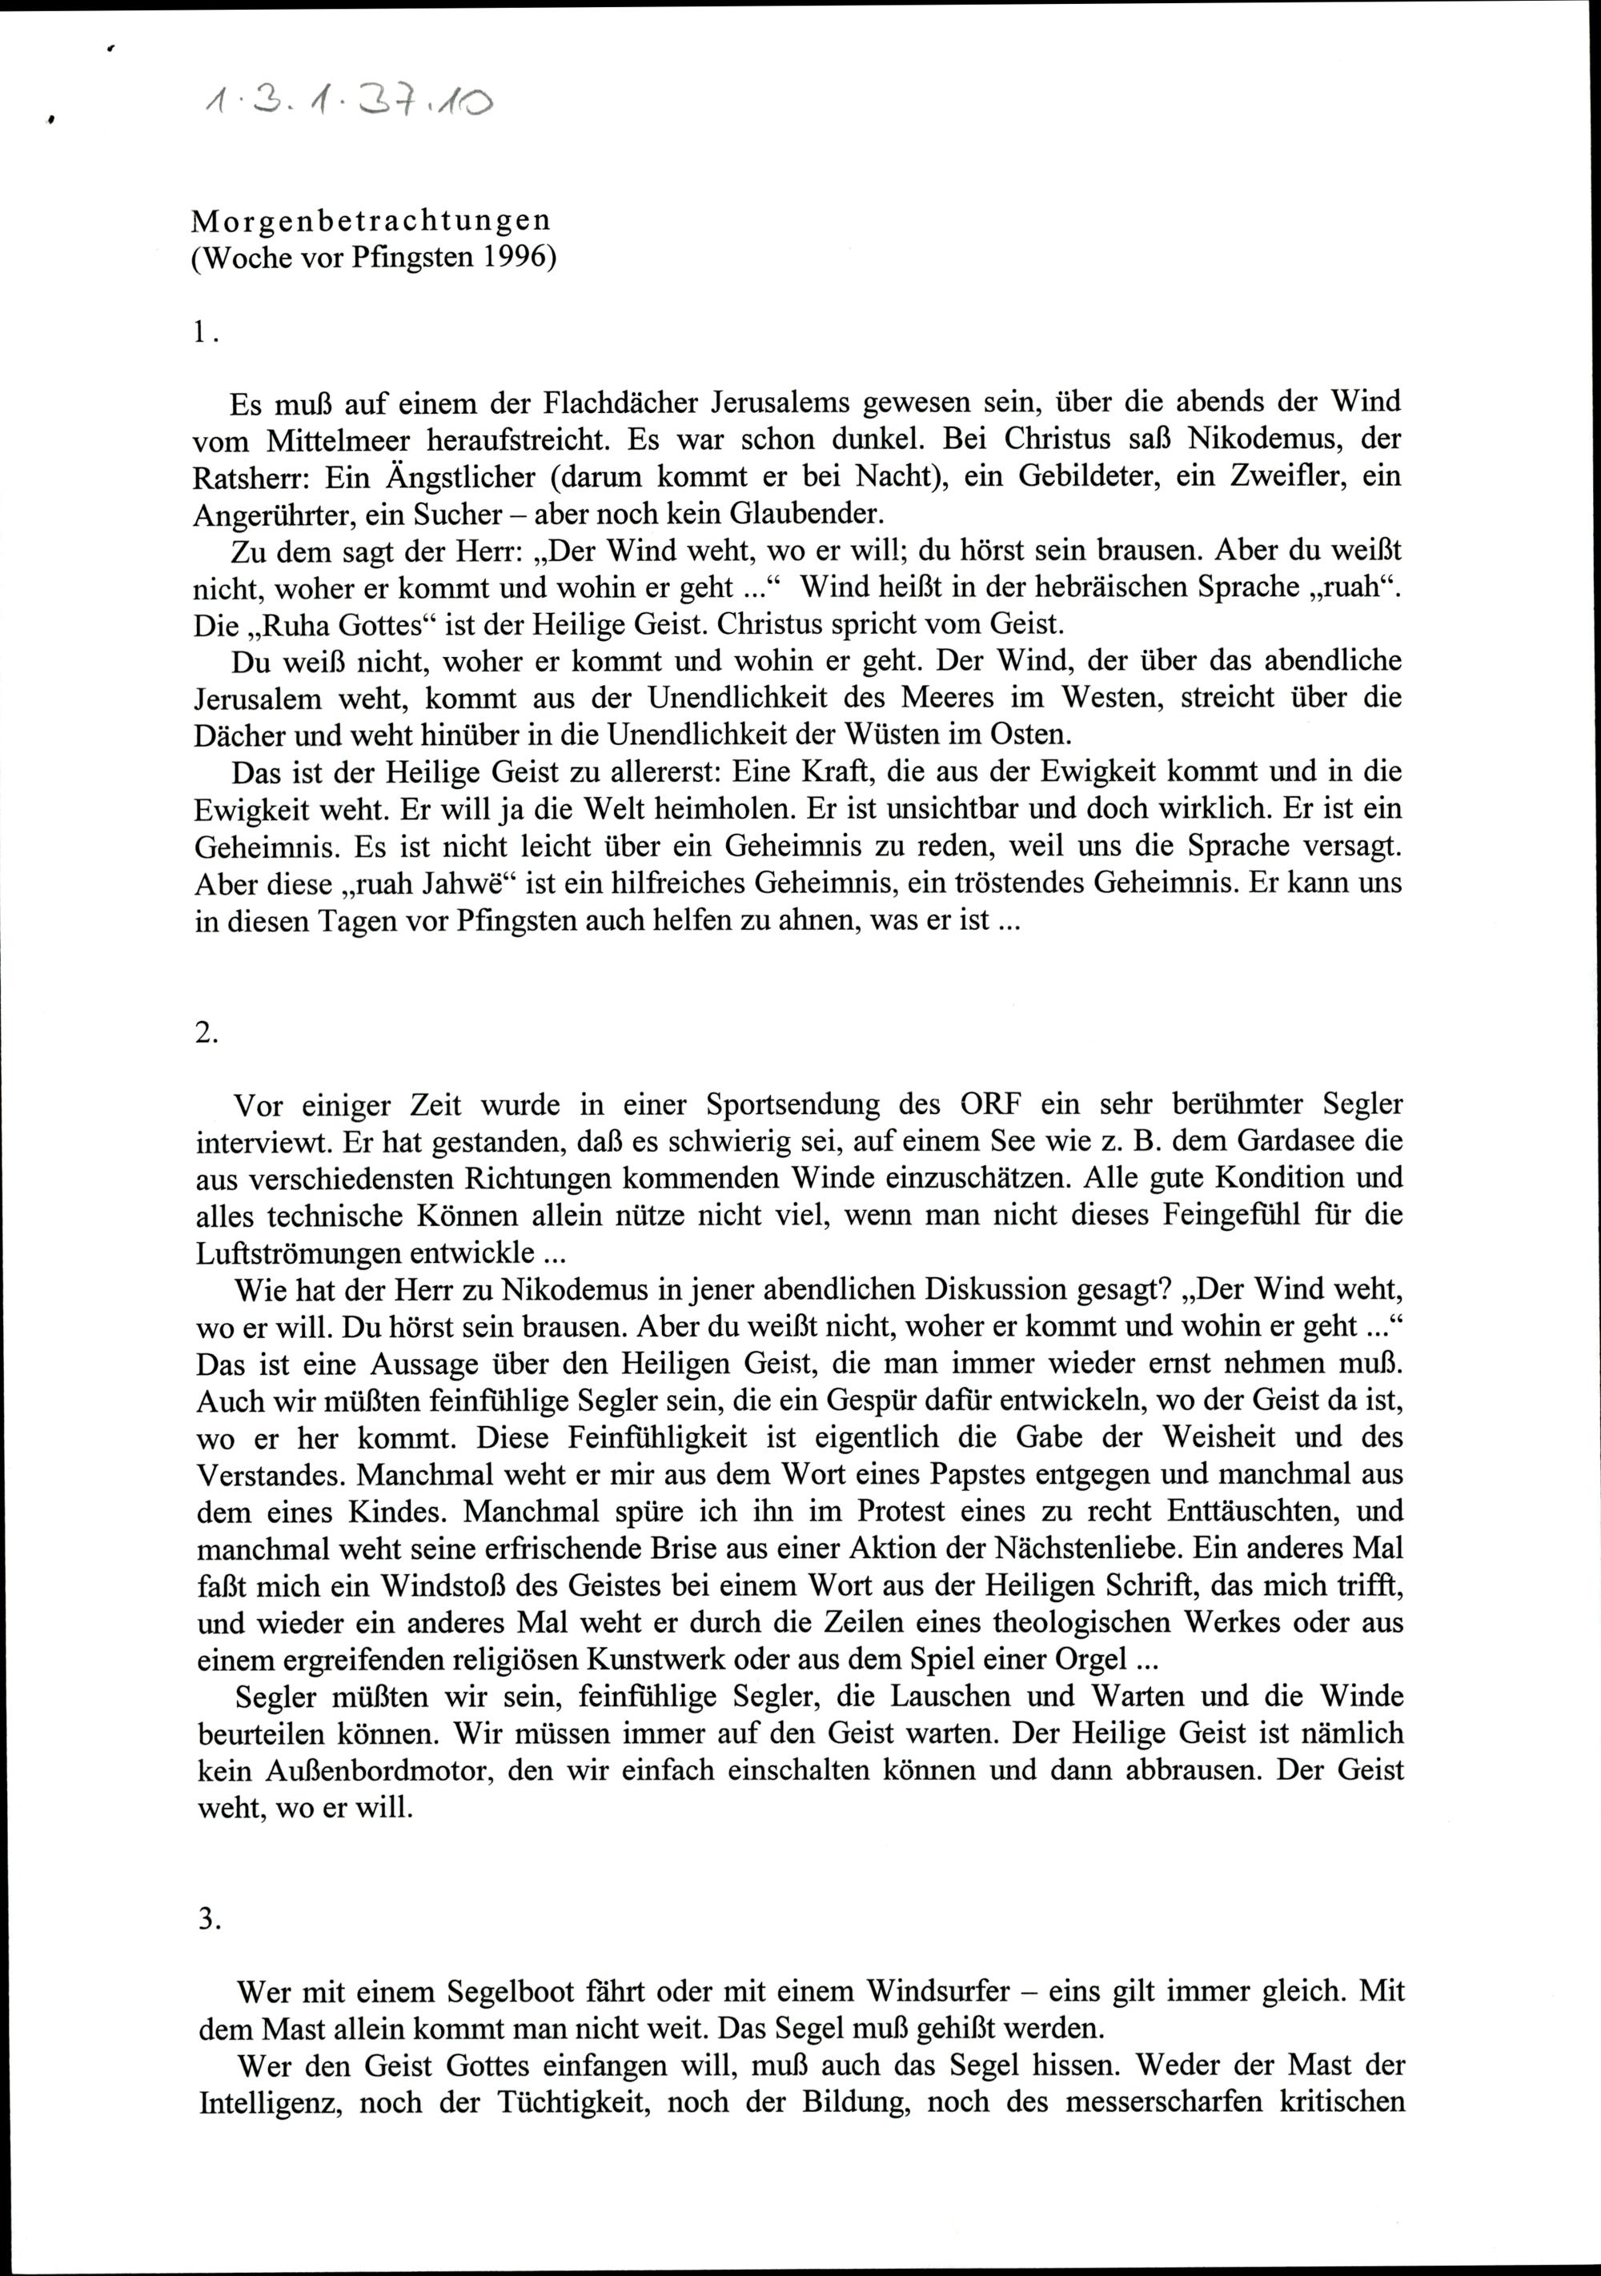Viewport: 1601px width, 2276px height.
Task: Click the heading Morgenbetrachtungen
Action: click(x=371, y=220)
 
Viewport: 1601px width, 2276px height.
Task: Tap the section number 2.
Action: click(x=205, y=1032)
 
